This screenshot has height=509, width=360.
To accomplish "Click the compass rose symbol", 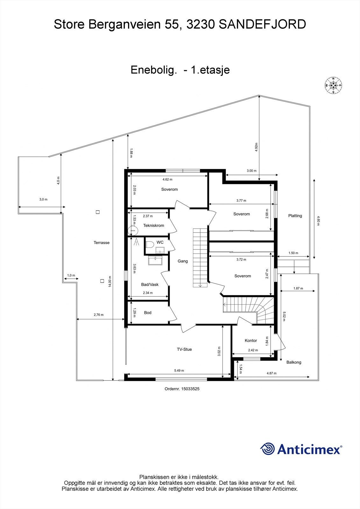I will click(333, 85).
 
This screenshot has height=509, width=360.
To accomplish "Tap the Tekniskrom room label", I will click(153, 226).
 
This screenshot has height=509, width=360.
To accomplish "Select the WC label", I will click(160, 242).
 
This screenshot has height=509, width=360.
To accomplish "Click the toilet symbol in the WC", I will click(150, 244).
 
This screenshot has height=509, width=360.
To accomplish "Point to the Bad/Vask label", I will click(150, 284).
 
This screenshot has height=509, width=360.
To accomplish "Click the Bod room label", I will click(148, 313).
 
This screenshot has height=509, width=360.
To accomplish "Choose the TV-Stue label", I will click(184, 349).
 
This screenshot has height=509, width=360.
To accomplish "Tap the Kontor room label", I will click(251, 340).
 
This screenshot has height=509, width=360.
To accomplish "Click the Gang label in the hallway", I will click(183, 261).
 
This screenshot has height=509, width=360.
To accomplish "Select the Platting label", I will click(295, 216).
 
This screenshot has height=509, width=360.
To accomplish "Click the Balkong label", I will click(293, 362).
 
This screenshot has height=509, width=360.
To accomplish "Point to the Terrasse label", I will click(102, 243).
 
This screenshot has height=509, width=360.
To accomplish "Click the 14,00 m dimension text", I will click(110, 282).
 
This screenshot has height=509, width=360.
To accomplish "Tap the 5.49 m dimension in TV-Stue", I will click(179, 371).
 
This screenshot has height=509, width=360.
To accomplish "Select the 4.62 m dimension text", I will click(167, 179).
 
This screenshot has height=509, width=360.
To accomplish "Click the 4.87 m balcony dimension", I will click(271, 373).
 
